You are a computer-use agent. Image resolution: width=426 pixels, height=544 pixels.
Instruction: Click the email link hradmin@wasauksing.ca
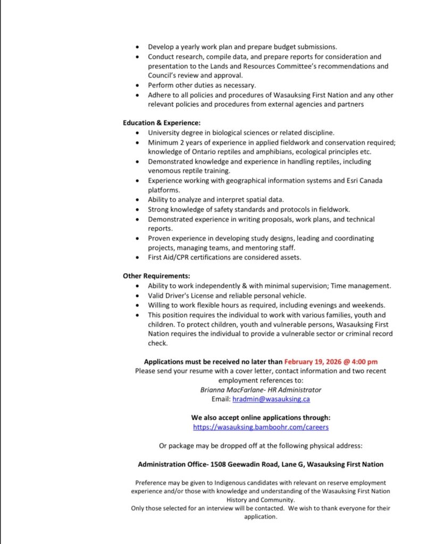click(x=271, y=398)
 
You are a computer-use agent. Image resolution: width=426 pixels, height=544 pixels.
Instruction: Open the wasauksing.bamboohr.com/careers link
click(x=261, y=427)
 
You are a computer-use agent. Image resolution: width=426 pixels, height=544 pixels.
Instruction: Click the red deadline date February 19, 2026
click(x=315, y=362)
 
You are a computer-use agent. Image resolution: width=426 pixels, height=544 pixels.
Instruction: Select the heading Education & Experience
click(x=162, y=123)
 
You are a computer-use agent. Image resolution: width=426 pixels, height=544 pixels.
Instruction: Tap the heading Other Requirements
click(x=156, y=276)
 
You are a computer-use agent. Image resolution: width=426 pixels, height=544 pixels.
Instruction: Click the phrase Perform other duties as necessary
click(x=202, y=85)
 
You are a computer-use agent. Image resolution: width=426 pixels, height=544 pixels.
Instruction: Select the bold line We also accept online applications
click(x=261, y=417)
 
